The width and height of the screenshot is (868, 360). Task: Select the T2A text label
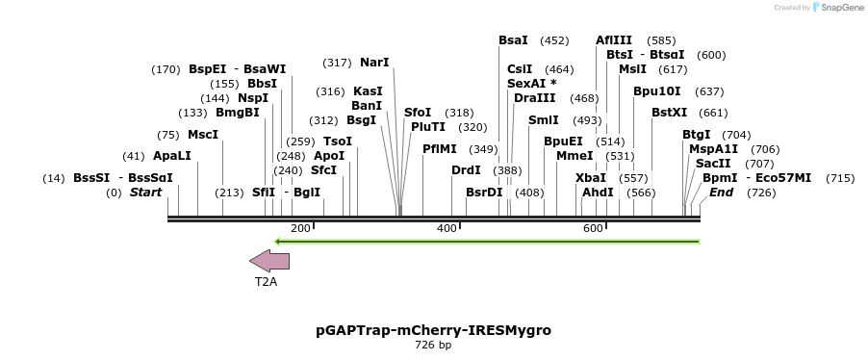pos(266,282)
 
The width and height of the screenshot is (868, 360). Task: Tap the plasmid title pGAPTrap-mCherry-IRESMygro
pos(433,329)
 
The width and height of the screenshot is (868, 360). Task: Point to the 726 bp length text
pos(433,345)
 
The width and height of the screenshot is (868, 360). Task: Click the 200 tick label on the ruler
pos(300,228)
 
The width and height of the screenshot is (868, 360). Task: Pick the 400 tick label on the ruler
pos(447,228)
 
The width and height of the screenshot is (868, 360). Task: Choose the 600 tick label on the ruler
pos(593,228)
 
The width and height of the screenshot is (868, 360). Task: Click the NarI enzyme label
pos(374,63)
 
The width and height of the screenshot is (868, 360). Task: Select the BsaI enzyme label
pos(513,40)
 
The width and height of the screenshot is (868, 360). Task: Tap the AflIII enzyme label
pos(614,40)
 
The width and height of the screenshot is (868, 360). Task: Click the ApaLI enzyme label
pos(172,156)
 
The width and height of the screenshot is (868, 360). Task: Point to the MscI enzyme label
pos(203,135)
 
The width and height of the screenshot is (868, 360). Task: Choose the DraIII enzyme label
pos(534,98)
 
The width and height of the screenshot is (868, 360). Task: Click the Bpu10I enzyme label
pos(656,91)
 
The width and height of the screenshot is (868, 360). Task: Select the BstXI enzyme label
pos(669,113)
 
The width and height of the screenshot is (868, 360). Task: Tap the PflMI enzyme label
pos(440,149)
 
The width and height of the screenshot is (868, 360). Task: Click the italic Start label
pos(145,193)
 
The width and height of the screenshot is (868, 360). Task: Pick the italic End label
pos(721,193)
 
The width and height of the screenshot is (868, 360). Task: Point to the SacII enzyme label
pos(713,164)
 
